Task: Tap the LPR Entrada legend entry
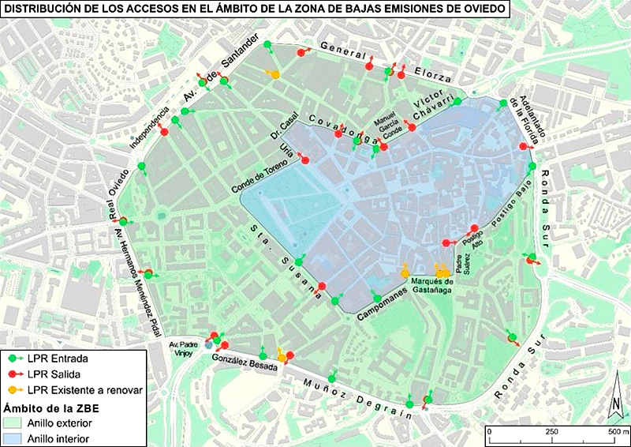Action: (55, 359)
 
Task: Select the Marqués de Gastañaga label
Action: (432, 285)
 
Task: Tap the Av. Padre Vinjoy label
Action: (187, 348)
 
